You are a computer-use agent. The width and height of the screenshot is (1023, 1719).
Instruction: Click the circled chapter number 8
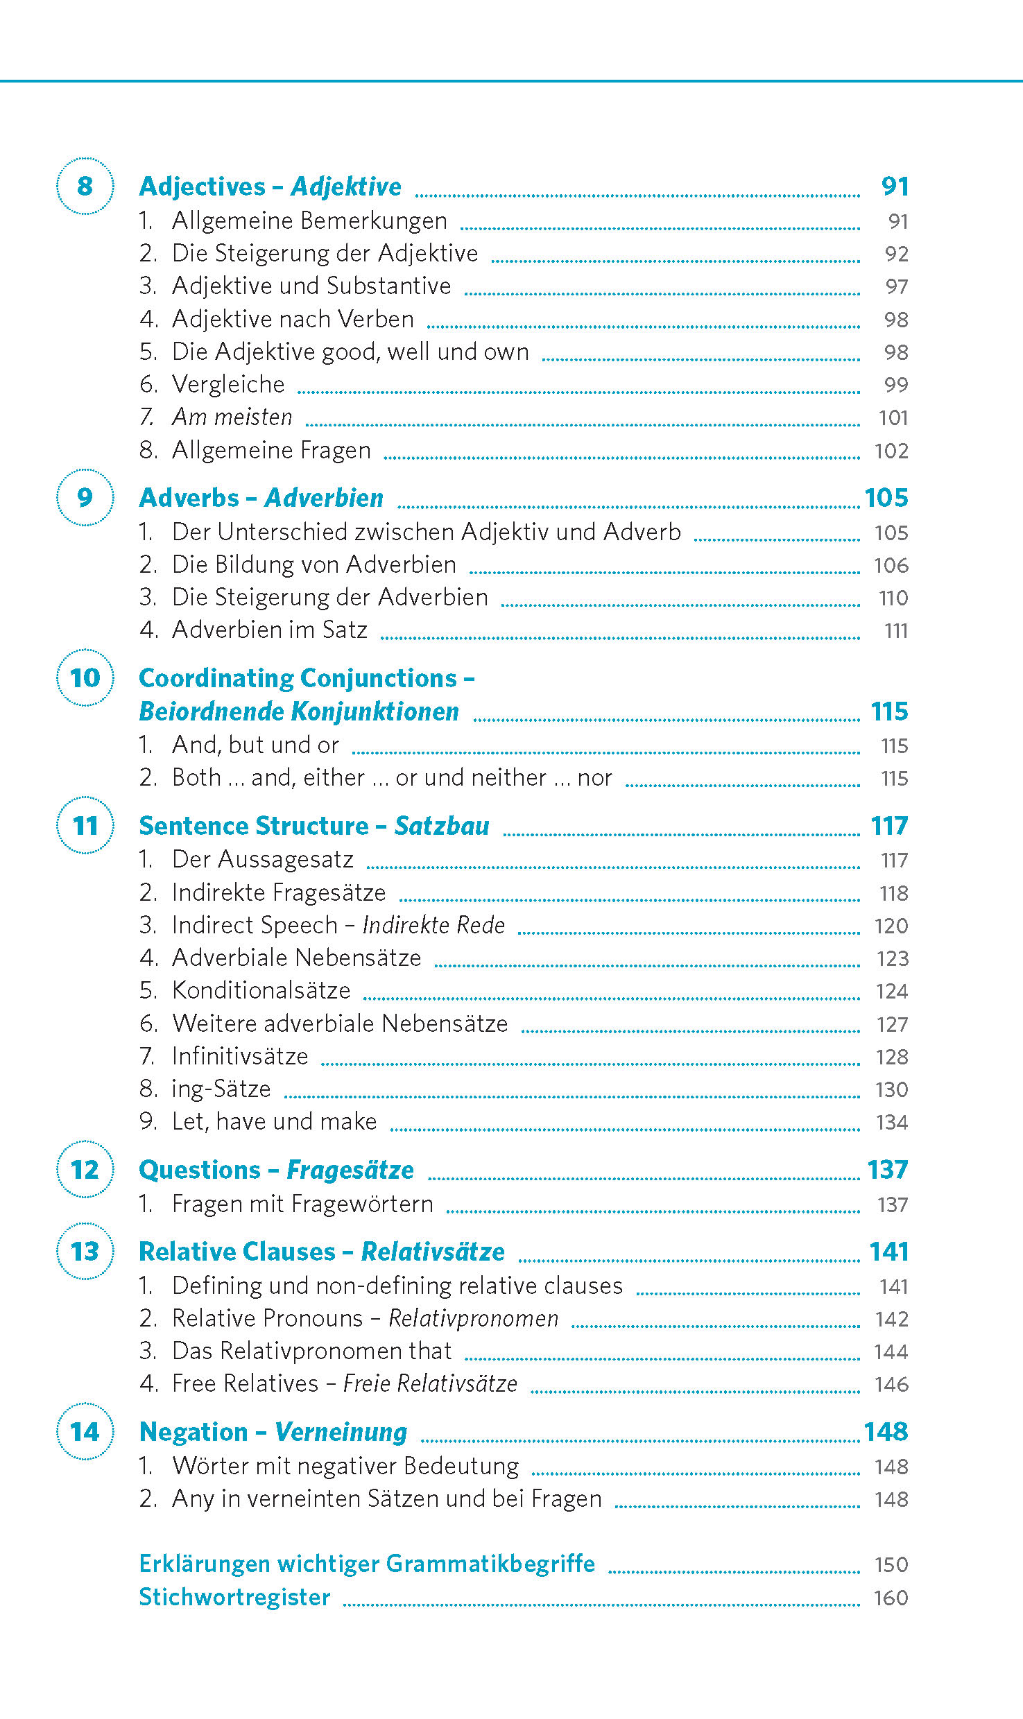[85, 186]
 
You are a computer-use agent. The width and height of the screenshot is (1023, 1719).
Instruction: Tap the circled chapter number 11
[85, 825]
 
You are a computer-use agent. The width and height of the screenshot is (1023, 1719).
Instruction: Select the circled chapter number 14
[85, 1431]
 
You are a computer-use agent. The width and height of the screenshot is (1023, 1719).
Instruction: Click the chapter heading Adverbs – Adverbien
[261, 498]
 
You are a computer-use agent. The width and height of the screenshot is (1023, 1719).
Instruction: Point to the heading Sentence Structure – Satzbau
[313, 826]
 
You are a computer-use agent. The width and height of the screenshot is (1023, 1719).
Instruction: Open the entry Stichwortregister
[234, 1597]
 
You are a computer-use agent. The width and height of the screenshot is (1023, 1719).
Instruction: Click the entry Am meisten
[232, 417]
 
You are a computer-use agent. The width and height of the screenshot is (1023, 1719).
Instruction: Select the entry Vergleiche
[228, 384]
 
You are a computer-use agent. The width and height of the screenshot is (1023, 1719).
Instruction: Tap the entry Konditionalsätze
[261, 990]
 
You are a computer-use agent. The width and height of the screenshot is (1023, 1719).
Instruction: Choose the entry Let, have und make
[274, 1121]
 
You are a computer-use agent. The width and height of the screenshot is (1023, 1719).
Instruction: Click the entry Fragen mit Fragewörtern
[302, 1204]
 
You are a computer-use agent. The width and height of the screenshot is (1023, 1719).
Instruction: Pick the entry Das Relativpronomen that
[311, 1351]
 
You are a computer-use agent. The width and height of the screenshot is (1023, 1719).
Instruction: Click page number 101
[893, 417]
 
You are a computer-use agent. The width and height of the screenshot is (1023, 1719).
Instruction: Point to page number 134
[891, 1122]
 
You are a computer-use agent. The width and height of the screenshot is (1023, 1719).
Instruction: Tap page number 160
[891, 1598]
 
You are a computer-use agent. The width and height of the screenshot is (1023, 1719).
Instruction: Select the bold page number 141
[888, 1252]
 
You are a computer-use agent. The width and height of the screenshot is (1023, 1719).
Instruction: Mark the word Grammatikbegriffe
[490, 1564]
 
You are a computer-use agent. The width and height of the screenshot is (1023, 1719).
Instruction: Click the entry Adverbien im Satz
[269, 630]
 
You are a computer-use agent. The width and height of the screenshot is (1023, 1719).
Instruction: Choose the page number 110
[893, 598]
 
